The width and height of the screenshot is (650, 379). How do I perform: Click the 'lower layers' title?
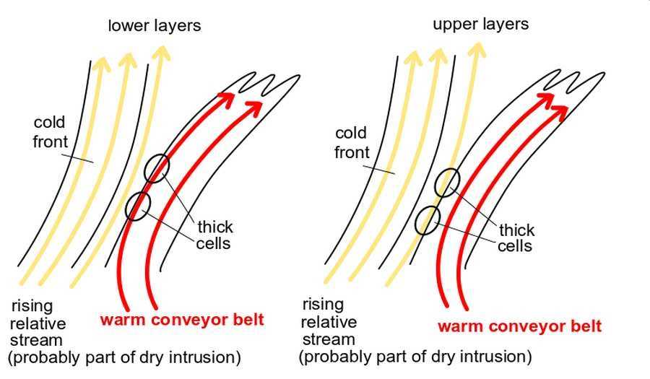[x=155, y=26]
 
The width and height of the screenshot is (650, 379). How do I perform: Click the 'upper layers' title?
[x=480, y=24]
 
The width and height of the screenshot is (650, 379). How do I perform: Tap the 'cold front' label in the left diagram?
[x=50, y=132]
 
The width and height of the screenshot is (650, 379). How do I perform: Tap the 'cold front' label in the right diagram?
[x=352, y=142]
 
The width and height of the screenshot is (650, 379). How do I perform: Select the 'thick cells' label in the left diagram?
[x=214, y=235]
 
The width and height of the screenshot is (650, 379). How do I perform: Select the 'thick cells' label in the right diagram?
[x=516, y=238]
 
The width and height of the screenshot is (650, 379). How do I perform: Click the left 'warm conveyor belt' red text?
[x=182, y=320]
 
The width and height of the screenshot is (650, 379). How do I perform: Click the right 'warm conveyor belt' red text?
[x=519, y=326]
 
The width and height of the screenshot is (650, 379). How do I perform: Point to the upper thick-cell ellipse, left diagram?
[x=157, y=168]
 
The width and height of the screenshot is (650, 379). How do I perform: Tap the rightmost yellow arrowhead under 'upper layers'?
[x=477, y=49]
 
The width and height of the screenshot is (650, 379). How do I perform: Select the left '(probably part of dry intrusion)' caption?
[x=124, y=357]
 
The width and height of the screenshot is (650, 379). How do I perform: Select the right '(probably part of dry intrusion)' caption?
[x=415, y=356]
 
